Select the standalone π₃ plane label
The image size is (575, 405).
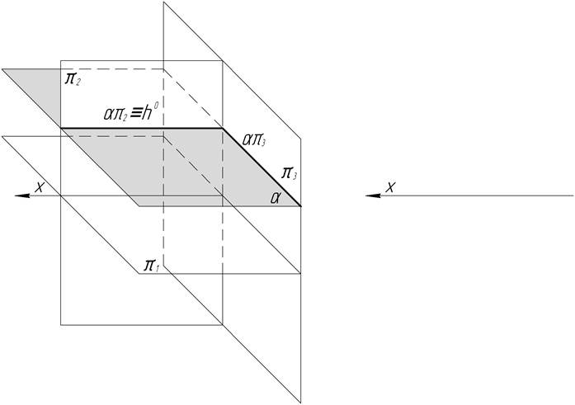(x=290, y=172)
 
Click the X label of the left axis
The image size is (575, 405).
(x=38, y=186)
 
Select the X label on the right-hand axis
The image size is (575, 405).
(x=390, y=186)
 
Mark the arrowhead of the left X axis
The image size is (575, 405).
(x=23, y=195)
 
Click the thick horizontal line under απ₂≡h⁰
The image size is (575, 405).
(x=140, y=128)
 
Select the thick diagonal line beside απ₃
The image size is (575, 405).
(x=262, y=167)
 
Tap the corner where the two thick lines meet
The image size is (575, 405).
(x=223, y=128)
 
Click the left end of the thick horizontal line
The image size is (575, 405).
(x=61, y=128)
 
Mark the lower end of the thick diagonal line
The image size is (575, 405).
(x=301, y=205)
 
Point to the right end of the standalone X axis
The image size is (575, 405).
(x=573, y=195)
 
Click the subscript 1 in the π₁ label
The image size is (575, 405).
(x=158, y=269)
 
